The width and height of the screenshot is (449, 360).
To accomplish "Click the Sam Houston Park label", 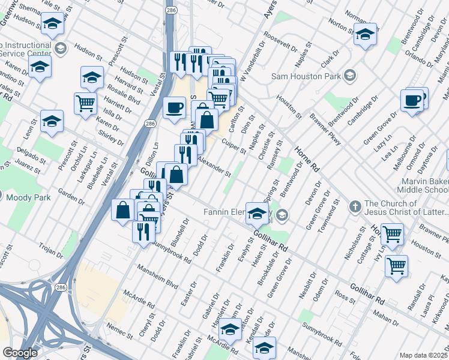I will click(306, 76).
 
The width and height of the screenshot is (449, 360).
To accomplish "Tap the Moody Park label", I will click(25, 195).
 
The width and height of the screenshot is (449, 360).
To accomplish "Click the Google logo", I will click(20, 353).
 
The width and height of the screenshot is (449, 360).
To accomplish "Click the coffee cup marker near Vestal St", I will click(174, 107).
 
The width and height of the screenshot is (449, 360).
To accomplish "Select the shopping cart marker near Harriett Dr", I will click(85, 103).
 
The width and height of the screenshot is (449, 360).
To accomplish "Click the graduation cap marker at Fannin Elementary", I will click(257, 213).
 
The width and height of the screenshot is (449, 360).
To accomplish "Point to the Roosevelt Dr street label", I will click(280, 43).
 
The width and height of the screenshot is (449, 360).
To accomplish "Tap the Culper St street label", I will click(233, 145).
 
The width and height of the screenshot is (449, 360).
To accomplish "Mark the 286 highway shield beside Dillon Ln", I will click(149, 124).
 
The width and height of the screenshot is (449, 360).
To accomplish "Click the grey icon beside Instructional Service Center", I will click(60, 47).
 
